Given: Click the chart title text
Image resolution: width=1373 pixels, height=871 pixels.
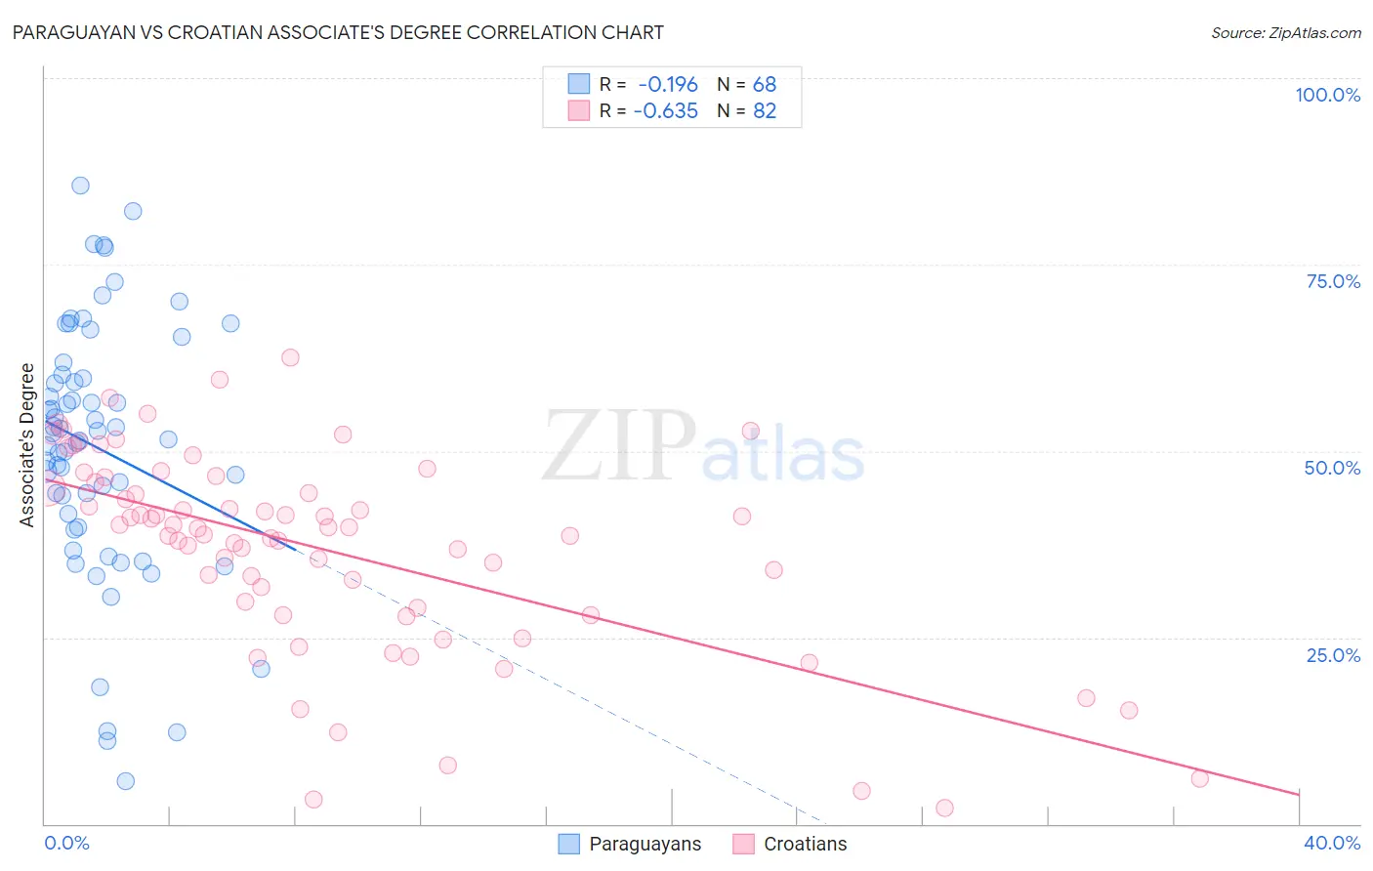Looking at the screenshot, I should tap(338, 32).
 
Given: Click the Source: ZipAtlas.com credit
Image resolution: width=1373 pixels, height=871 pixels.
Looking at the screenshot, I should tap(1285, 33).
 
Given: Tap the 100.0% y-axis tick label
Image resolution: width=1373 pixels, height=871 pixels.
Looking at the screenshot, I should tap(1327, 95).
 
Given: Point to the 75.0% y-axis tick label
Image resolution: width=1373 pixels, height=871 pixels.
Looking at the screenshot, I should tap(1333, 281).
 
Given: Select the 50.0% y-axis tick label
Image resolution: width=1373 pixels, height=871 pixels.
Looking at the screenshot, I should tap(1332, 468).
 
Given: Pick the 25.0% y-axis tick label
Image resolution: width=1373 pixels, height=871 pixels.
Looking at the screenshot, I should tap(1333, 655).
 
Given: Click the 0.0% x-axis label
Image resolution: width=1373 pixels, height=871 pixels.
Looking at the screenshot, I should tap(66, 843).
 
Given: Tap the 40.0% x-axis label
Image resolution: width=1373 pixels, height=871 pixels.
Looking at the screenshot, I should tap(1332, 843).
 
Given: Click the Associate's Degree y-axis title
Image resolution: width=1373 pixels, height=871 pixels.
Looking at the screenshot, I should tap(27, 445).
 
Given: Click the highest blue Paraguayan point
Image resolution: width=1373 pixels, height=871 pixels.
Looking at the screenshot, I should tap(80, 186).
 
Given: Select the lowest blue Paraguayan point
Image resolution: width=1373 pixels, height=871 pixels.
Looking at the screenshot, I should tap(125, 781).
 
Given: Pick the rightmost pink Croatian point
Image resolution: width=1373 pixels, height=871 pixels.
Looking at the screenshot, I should tap(1200, 778).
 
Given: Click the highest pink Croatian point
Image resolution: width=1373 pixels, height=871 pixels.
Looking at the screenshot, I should tap(290, 357).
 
